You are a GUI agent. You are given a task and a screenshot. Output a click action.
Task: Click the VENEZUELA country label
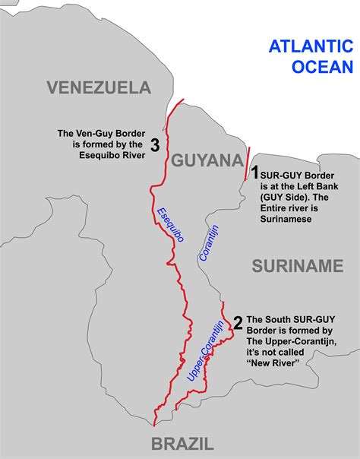pyautogui.click(x=99, y=87)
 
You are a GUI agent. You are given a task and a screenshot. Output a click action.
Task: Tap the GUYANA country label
pyautogui.click(x=206, y=160)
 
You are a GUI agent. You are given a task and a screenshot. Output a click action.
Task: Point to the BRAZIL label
pyautogui.click(x=183, y=445)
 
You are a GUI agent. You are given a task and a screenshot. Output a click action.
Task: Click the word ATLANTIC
pyautogui.click(x=311, y=46)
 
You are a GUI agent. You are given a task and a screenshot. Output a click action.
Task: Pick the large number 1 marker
pyautogui.click(x=256, y=173)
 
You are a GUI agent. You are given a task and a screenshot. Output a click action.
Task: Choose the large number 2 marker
pyautogui.click(x=238, y=323)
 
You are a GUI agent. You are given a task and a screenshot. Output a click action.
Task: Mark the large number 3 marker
pyautogui.click(x=154, y=146)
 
